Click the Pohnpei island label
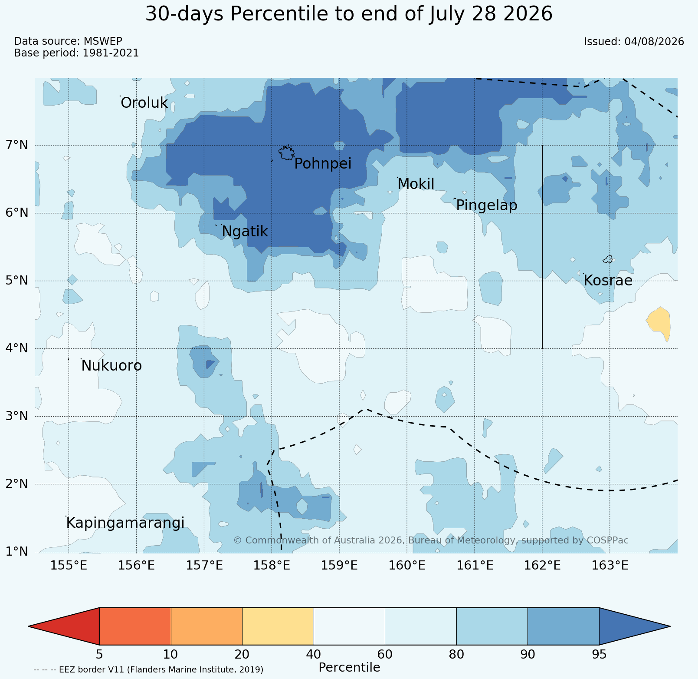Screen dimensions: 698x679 coord(323,164)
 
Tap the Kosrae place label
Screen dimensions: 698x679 coord(608,281)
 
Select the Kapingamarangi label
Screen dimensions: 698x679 coord(125,523)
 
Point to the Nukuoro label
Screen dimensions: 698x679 coord(111,366)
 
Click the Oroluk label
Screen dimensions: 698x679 coord(144,103)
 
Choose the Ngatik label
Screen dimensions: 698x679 coord(245,232)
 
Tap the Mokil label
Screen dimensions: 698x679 coord(416,184)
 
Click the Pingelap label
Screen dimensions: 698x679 coord(487,205)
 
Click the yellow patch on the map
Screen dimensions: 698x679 coord(659,323)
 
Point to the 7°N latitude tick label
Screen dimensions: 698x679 coord(16,145)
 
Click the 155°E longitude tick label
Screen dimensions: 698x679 coord(69,566)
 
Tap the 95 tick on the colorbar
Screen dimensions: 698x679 coord(599,654)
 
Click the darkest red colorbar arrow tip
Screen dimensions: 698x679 coord(29,626)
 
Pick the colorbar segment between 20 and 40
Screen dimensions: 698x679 coord(278,626)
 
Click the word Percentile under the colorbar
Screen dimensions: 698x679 coord(349,667)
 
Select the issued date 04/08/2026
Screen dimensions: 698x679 coord(654,42)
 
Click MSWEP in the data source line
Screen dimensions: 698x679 coord(103,41)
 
